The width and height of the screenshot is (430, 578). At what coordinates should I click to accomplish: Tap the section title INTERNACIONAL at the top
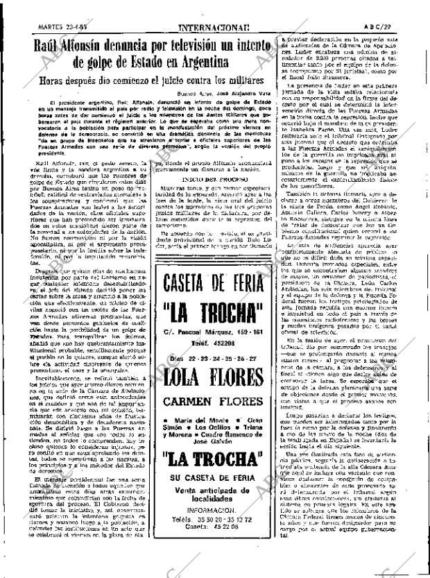tap(214, 9)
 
